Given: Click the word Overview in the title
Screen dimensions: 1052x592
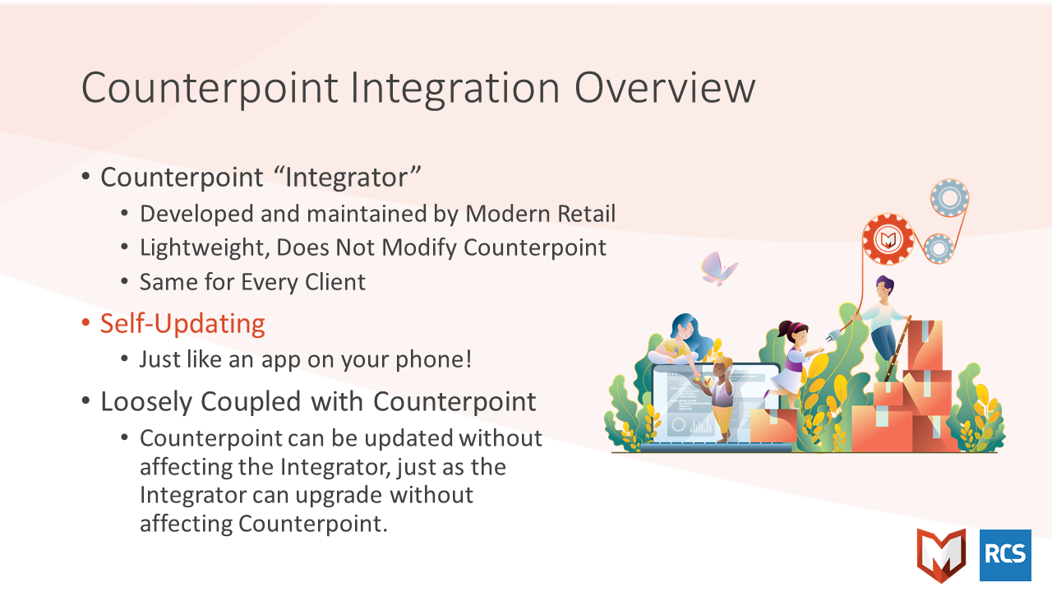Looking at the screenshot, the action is click(665, 88).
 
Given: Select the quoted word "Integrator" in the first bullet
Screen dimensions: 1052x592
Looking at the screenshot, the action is click(347, 178).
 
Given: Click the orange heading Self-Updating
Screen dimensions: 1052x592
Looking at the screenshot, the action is click(182, 324).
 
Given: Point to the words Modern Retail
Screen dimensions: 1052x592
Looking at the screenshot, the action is click(540, 214).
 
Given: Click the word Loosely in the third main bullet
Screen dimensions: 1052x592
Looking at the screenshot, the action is click(146, 403).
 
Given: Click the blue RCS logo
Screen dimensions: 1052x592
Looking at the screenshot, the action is click(1005, 555).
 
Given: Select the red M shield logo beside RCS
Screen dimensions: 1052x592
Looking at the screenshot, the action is click(941, 555).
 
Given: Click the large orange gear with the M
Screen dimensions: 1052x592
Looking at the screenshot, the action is click(888, 239).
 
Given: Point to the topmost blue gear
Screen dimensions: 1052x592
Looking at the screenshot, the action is click(949, 198).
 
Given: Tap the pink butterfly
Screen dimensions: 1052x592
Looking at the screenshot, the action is click(718, 269).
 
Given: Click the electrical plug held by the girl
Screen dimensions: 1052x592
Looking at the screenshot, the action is click(833, 335).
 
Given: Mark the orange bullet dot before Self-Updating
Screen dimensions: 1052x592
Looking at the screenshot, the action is click(85, 324).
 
